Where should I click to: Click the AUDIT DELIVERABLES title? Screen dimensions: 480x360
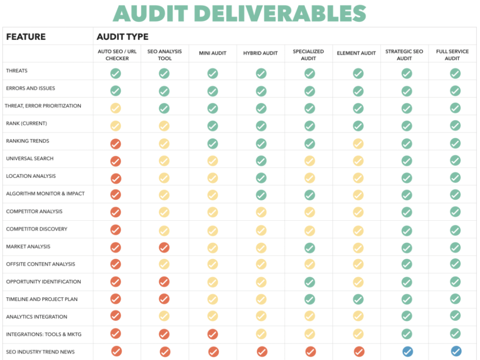240,13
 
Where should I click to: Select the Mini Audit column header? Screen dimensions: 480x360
213,53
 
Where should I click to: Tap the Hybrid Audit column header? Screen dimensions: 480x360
261,53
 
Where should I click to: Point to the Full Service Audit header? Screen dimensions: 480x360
452,55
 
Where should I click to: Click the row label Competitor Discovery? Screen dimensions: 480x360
37,229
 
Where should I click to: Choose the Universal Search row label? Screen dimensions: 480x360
30,158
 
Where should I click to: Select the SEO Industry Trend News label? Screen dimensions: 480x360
40,352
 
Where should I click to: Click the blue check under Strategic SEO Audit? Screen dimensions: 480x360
408,352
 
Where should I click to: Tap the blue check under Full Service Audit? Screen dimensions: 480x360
456,351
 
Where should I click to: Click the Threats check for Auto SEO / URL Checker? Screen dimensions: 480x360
116,73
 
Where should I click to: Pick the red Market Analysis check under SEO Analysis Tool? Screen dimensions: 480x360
164,247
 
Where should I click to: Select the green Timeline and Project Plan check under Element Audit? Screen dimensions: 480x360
358,300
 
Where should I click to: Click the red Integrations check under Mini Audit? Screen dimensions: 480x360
213,334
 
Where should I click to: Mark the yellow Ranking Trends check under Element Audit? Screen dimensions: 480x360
358,144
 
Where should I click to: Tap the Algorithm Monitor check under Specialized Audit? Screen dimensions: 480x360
310,195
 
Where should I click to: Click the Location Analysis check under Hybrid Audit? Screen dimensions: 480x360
261,178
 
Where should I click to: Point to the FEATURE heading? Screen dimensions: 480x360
26,37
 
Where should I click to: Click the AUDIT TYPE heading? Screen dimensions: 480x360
122,37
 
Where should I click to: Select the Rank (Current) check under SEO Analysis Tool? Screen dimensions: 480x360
164,126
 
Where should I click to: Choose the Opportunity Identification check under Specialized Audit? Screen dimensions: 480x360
310,282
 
